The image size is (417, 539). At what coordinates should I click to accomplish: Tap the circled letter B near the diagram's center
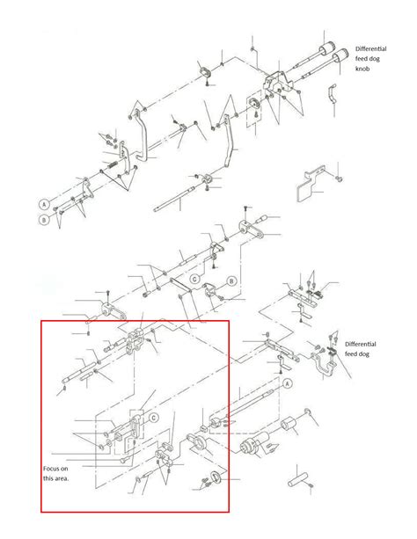click(x=231, y=281)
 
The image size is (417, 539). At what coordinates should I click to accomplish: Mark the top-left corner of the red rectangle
click(x=40, y=321)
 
